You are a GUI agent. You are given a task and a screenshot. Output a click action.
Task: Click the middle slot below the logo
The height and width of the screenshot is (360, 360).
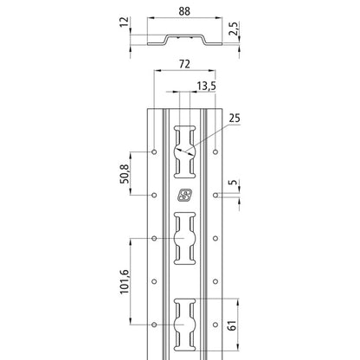pyautogui.click(x=186, y=238)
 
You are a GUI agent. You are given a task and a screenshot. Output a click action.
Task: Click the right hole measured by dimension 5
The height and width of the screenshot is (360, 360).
pyautogui.click(x=217, y=195)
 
